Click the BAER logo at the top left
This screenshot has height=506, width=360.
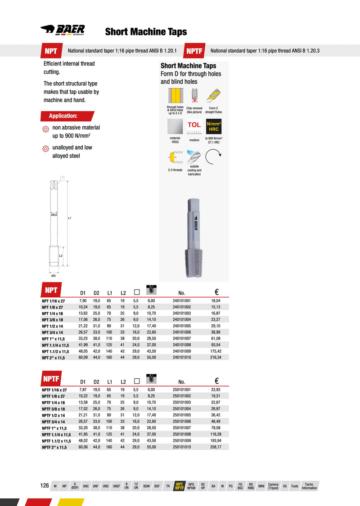click(63, 31)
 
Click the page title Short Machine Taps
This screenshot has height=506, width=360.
click(146, 32)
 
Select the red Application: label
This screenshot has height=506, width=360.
click(63, 116)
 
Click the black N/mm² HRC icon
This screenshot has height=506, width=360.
click(214, 126)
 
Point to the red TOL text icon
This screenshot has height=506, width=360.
click(194, 125)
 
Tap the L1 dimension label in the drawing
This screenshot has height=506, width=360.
click(70, 218)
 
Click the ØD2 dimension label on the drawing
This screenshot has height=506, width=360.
click(54, 215)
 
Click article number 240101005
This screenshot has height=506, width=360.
click(182, 326)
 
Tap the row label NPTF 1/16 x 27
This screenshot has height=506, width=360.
click(54, 390)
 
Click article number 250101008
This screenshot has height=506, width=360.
click(182, 434)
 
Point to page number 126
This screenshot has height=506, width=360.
click(45, 486)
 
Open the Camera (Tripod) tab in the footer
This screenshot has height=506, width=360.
click(273, 486)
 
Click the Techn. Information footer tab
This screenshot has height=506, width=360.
click(309, 486)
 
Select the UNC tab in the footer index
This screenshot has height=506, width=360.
click(86, 486)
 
